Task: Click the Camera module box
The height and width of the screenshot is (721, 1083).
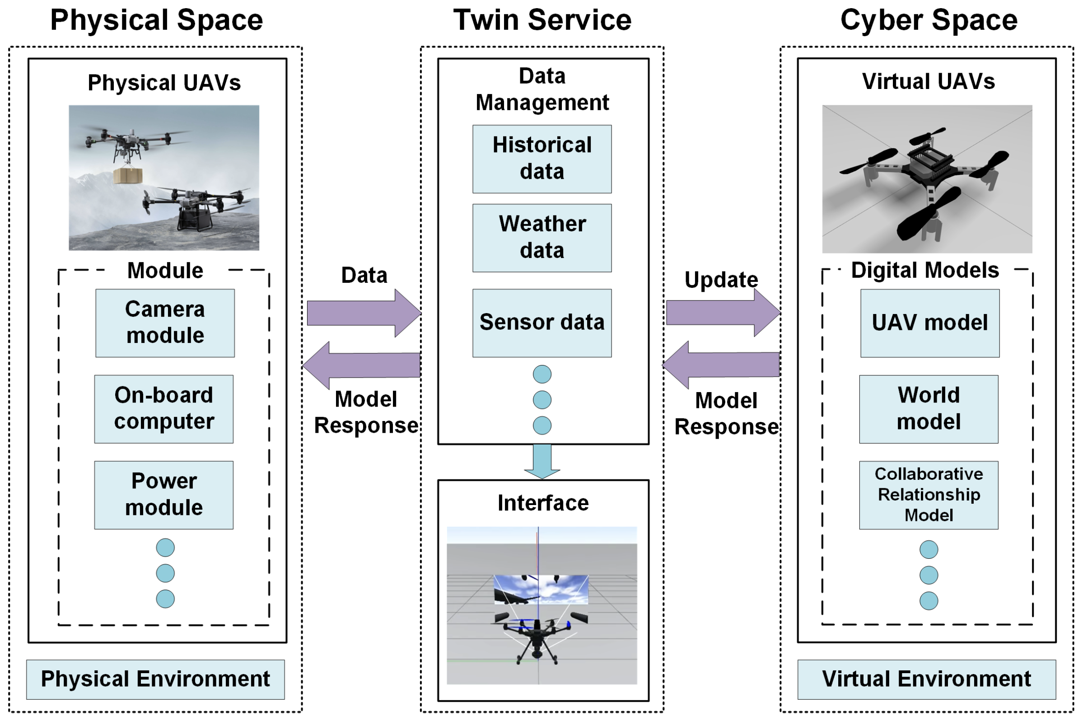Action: click(164, 323)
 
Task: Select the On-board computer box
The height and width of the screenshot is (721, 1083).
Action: click(163, 409)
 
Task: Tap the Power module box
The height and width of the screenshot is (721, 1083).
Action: click(163, 495)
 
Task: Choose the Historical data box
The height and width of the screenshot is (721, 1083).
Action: click(541, 159)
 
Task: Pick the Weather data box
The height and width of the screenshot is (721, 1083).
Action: click(541, 238)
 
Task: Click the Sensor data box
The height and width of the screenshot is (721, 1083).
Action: click(541, 323)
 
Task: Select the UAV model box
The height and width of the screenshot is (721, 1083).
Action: click(929, 323)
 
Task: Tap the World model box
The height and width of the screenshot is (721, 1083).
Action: click(928, 409)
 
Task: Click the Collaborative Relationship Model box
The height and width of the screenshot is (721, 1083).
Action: click(928, 495)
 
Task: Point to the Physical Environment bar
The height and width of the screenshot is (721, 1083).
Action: click(155, 679)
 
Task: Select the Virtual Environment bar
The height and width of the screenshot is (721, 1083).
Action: click(926, 679)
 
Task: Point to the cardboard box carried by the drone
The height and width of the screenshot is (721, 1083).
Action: click(128, 175)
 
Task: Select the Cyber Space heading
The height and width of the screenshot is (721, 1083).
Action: click(928, 20)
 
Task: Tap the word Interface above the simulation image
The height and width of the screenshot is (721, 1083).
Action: click(542, 503)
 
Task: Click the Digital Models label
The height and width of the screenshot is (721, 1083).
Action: click(924, 270)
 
